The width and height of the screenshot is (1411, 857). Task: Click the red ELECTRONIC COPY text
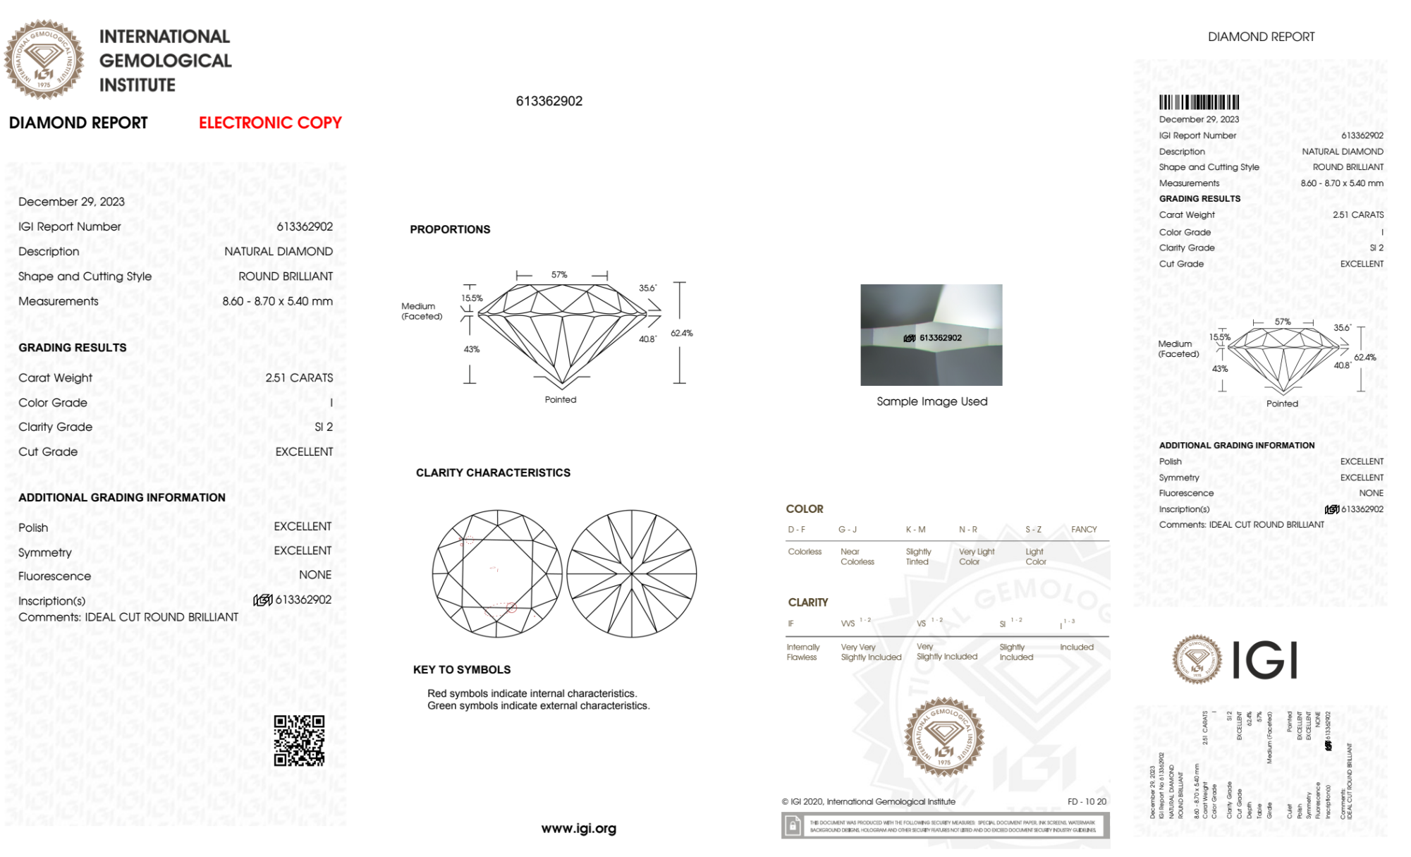(x=270, y=123)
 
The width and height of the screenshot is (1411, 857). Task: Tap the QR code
(x=299, y=740)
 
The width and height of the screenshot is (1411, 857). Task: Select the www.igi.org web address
(x=578, y=828)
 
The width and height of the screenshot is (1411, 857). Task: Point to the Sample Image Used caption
(x=931, y=401)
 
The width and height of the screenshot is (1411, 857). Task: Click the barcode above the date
(x=1199, y=102)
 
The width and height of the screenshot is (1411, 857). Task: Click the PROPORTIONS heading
(x=450, y=229)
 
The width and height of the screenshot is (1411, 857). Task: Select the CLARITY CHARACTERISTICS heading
(x=493, y=473)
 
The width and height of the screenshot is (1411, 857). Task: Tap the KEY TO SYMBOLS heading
(x=462, y=669)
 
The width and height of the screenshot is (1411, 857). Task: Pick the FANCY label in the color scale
(x=1084, y=529)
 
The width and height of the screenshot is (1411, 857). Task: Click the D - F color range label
(x=796, y=529)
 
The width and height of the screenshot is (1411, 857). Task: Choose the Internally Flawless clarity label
(x=802, y=652)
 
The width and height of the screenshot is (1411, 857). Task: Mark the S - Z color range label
(x=1033, y=529)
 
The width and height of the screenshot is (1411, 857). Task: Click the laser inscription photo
(x=931, y=335)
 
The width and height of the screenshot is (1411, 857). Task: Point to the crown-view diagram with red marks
(x=497, y=574)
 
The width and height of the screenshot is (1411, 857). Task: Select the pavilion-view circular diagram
(x=632, y=574)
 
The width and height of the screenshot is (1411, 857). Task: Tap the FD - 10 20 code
(x=1087, y=801)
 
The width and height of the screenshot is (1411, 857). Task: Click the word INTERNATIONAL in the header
(x=164, y=37)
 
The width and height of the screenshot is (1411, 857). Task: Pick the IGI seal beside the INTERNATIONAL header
(x=44, y=60)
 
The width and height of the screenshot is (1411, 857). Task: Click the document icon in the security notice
(x=793, y=825)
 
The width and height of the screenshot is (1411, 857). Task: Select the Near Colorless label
(x=857, y=557)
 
